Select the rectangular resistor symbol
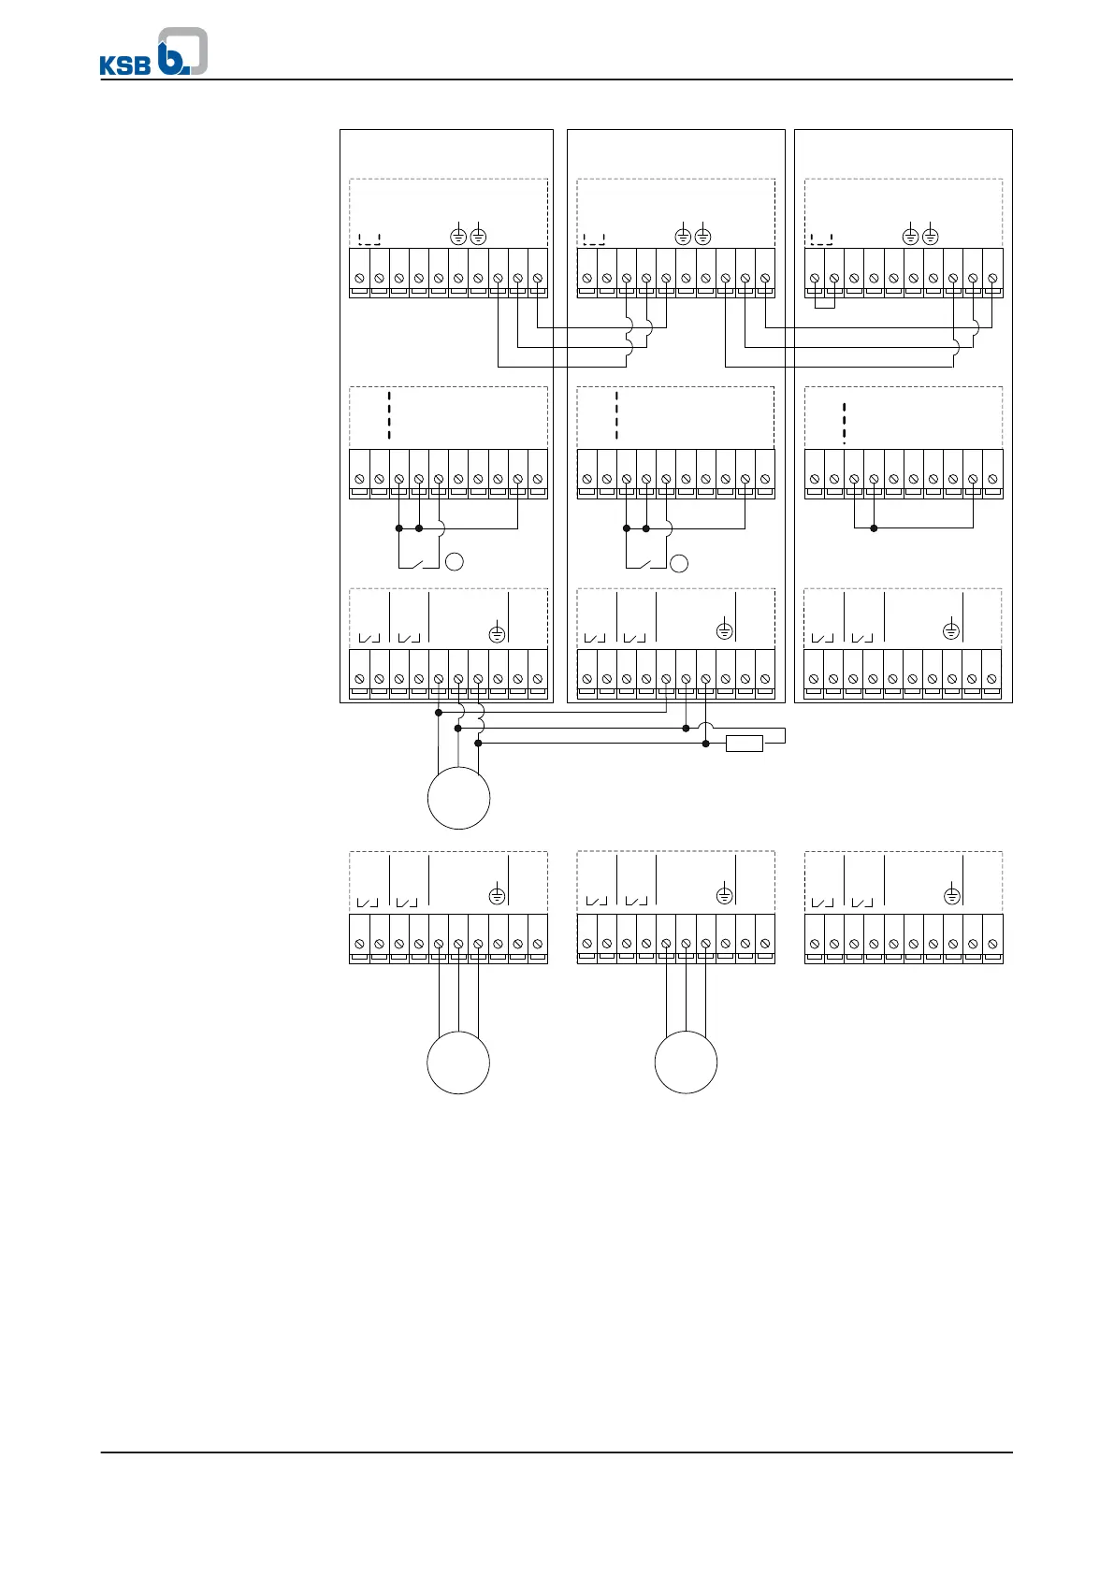pos(745,744)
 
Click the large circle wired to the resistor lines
pos(458,798)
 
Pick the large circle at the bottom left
pos(458,1062)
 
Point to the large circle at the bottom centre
pos(686,1062)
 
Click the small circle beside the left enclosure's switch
pos(455,562)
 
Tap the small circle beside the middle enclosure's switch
pos(680,563)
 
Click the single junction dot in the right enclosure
pos(874,528)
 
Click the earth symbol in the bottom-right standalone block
pos(951,896)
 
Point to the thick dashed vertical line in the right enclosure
pos(844,422)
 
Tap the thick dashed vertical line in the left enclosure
pos(389,416)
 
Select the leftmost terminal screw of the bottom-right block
pos(815,945)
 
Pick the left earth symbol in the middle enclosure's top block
pos(684,237)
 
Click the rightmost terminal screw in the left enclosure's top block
pos(537,278)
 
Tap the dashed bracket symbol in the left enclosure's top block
pos(369,238)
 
